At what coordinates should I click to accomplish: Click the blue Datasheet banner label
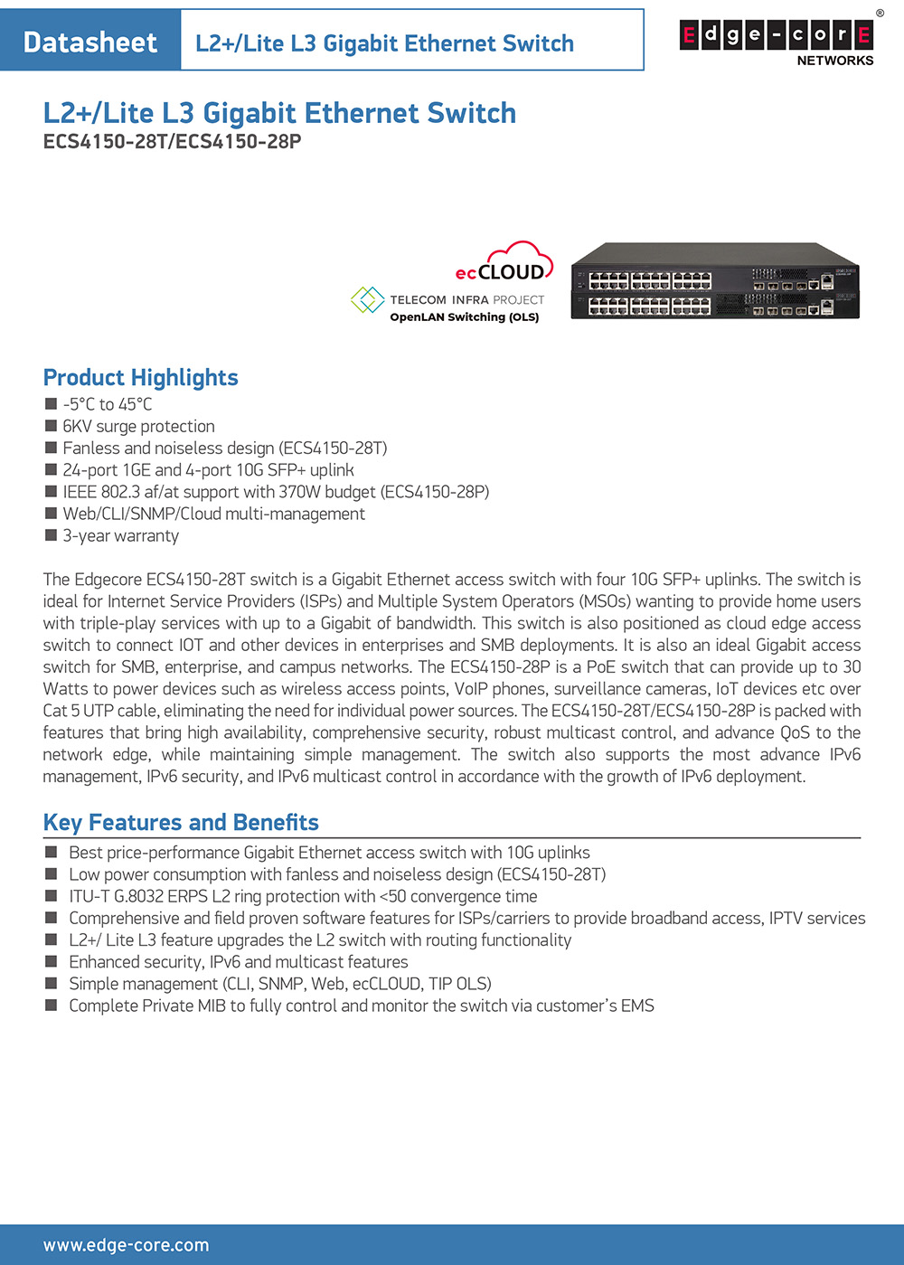(90, 42)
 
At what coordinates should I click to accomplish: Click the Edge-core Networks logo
(777, 41)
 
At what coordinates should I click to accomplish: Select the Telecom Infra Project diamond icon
(367, 300)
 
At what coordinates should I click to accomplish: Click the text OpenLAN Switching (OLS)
(464, 317)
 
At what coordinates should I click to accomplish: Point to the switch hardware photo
(715, 280)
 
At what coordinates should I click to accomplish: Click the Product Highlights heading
(141, 377)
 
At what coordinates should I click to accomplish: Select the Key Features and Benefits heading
(181, 822)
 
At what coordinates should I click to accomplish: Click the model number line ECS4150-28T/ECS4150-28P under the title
(172, 142)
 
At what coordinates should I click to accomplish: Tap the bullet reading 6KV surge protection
(138, 426)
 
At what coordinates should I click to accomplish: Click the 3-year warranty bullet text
(120, 535)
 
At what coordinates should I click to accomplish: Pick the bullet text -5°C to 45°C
(107, 404)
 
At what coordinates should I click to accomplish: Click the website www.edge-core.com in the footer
(126, 1245)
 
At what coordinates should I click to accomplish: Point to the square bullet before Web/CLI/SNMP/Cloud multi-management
(51, 514)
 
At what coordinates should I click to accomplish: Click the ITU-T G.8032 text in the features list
(118, 896)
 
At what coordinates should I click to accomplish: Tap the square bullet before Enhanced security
(51, 961)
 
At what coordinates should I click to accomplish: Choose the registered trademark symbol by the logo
(880, 14)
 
